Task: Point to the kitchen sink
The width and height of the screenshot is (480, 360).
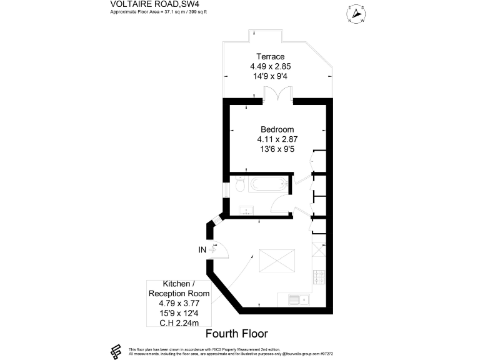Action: [x=299, y=299]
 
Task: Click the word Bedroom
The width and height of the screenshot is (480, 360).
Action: [x=277, y=129]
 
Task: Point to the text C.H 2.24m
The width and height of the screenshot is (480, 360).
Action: [x=178, y=322]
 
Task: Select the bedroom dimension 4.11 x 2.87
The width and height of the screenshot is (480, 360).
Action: [x=277, y=139]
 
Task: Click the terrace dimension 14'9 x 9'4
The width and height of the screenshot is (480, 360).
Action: [x=276, y=76]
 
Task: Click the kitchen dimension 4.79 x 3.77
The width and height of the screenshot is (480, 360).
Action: [x=178, y=303]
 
